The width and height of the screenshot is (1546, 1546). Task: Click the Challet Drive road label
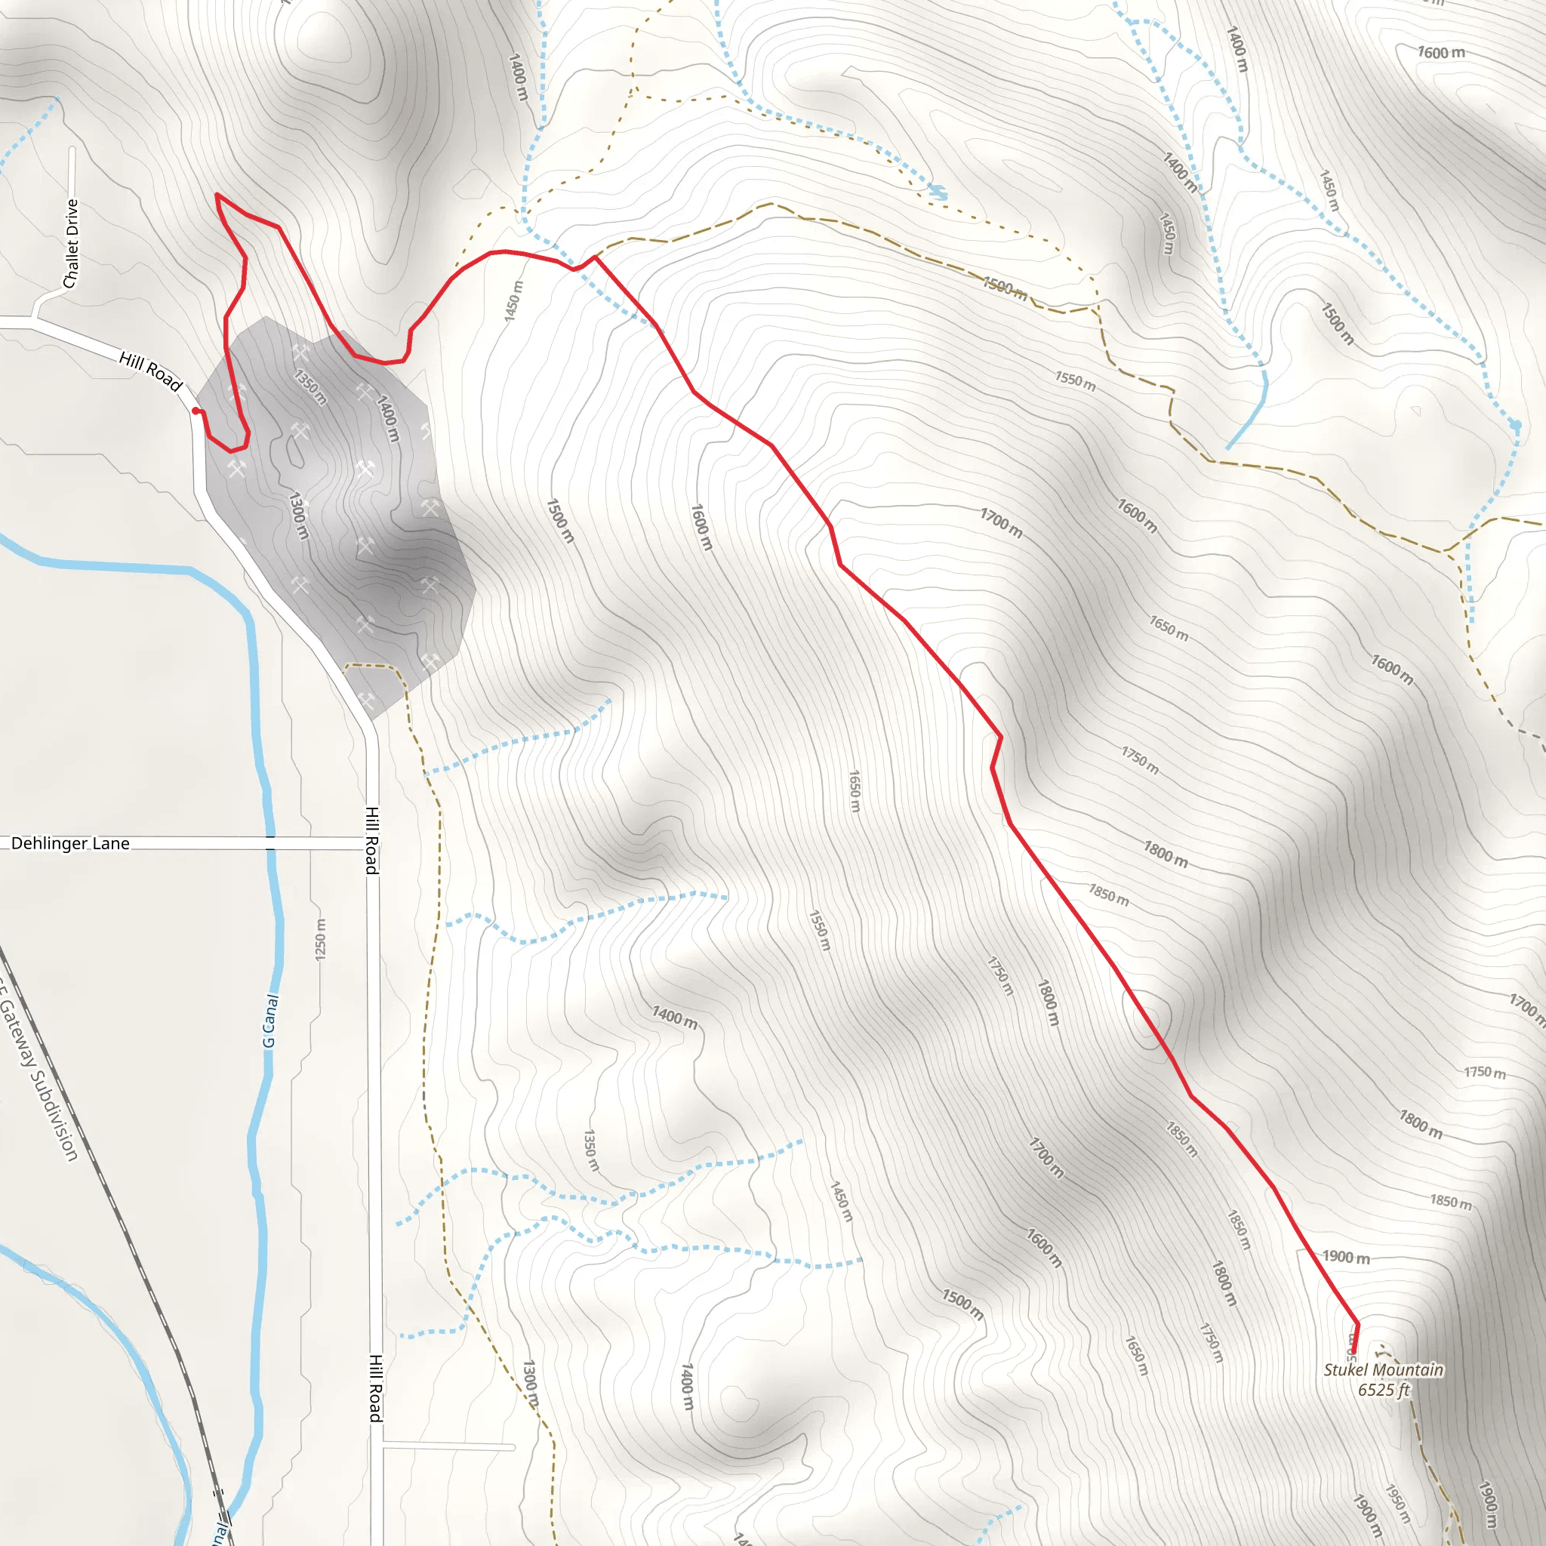(x=71, y=243)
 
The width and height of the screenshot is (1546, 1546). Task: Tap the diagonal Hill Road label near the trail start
(x=150, y=371)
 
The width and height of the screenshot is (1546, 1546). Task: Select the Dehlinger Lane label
(x=70, y=843)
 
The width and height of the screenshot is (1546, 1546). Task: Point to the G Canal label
(x=270, y=1021)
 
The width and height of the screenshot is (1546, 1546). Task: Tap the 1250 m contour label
(x=320, y=939)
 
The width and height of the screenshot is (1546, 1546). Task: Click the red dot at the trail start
(x=196, y=411)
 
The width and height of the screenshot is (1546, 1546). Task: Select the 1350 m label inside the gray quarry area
(x=310, y=386)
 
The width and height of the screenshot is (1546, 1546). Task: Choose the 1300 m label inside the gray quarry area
(x=297, y=516)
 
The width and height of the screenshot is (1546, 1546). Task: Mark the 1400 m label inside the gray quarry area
(x=387, y=418)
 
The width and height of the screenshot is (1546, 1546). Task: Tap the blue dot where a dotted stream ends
(x=1516, y=425)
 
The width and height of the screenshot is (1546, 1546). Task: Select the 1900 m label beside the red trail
(x=1345, y=1257)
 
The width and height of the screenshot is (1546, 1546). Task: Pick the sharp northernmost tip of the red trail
(x=217, y=195)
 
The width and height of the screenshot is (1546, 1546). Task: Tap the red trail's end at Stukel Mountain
(x=1354, y=1356)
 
